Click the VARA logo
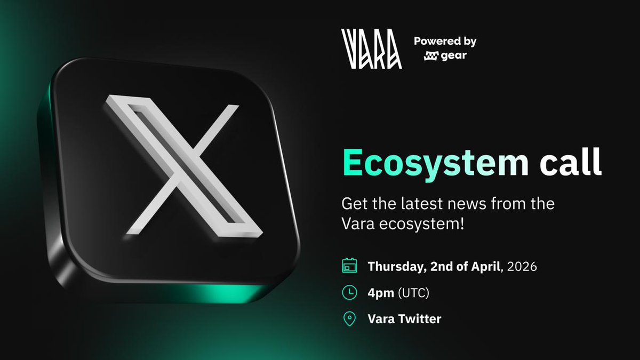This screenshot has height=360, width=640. click(372, 49)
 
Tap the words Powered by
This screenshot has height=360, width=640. click(445, 42)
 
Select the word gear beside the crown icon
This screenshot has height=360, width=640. click(453, 55)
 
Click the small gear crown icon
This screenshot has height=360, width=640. click(430, 56)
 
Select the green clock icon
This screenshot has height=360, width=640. click(349, 292)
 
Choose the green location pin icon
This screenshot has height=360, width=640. click(349, 319)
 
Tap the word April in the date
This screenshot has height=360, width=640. click(484, 266)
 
